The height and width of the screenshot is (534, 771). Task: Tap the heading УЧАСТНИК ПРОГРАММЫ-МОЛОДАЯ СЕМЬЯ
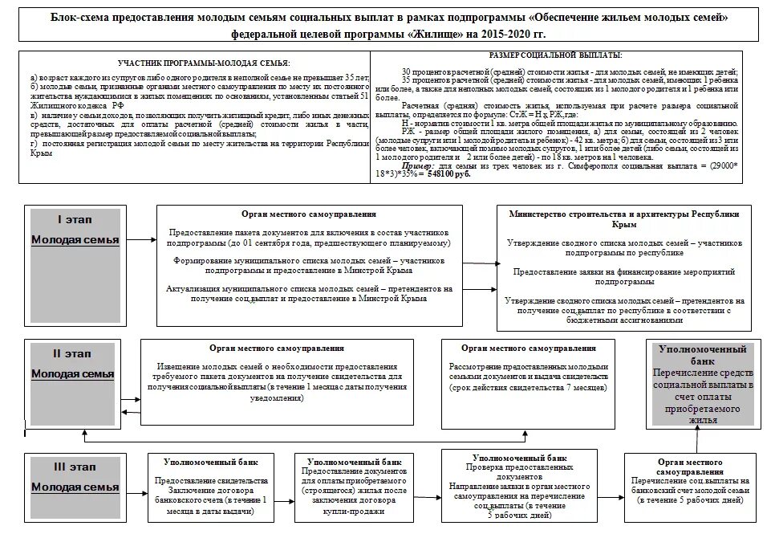click(204, 63)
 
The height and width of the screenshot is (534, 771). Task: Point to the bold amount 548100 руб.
click(450, 174)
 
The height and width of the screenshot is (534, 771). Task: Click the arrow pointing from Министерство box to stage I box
click(480, 262)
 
